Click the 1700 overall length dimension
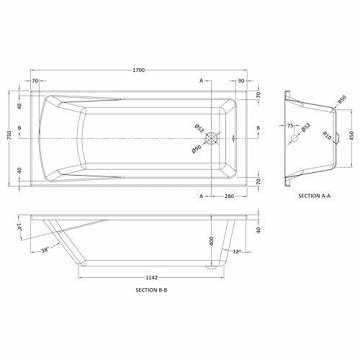139,70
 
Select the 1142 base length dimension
152,278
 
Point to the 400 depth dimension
212,240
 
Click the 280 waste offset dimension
229,197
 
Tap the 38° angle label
45,251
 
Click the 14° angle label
19,227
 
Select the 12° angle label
237,251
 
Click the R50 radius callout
342,99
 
